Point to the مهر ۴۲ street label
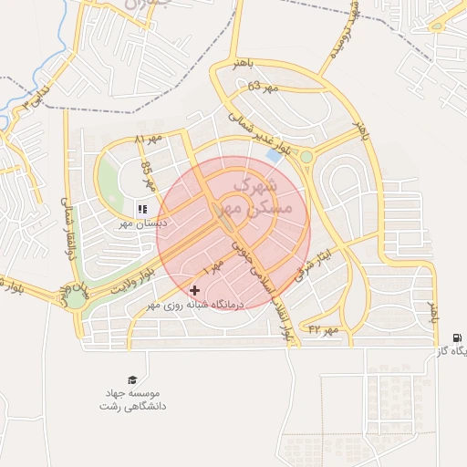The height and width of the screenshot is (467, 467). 324,327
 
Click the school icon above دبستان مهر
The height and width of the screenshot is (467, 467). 142,209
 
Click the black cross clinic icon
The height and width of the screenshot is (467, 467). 194,290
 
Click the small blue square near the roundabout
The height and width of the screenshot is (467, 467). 274,156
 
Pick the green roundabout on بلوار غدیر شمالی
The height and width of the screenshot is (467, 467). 306,157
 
